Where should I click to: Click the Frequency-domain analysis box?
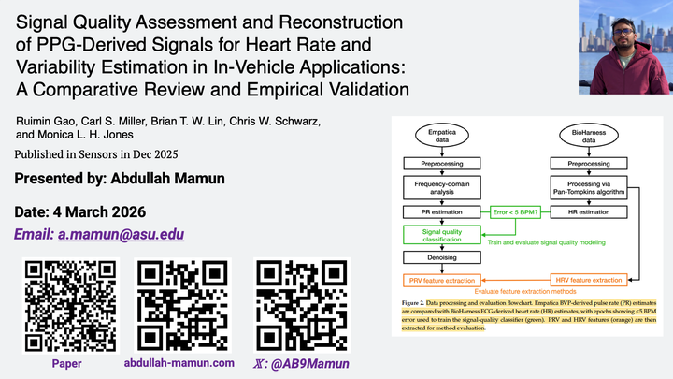pyautogui.click(x=443, y=187)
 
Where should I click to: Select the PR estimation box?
pyautogui.click(x=443, y=212)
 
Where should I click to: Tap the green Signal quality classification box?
pyautogui.click(x=443, y=235)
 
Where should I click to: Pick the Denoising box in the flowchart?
pyautogui.click(x=443, y=257)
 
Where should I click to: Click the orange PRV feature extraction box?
pyautogui.click(x=443, y=280)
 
